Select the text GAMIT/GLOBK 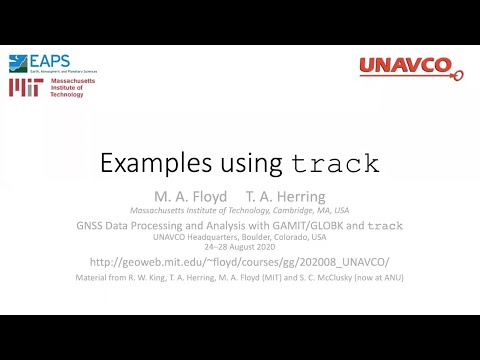tap(311, 226)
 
